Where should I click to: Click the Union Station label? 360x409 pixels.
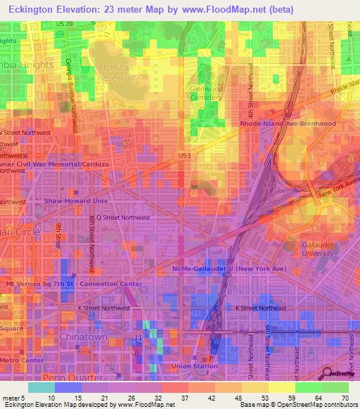tap(195, 366)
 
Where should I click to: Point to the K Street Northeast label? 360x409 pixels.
tap(261, 308)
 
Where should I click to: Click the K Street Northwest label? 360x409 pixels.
tap(104, 308)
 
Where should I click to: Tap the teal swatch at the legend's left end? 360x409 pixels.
tap(41, 387)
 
